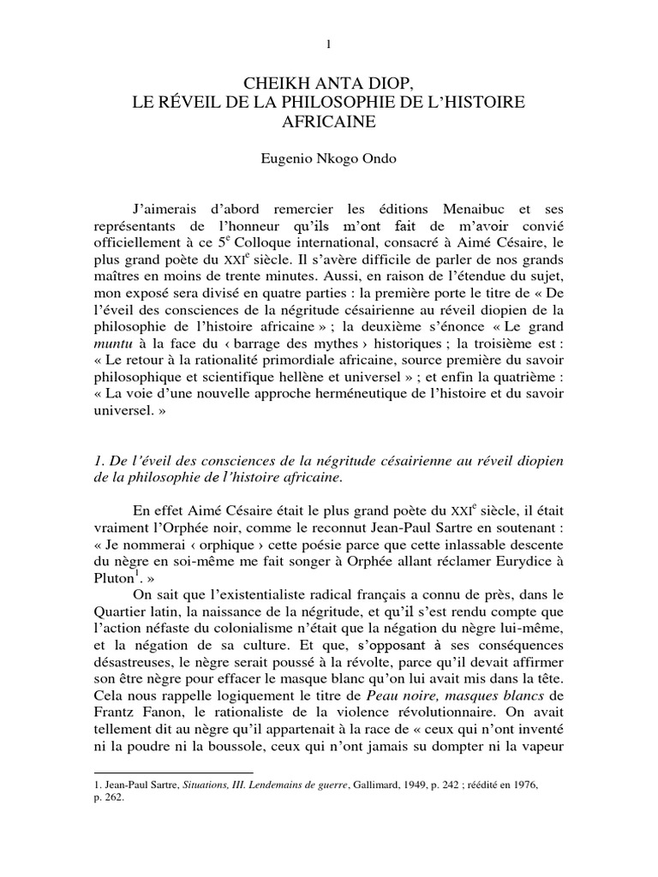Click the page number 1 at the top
[x=328, y=44]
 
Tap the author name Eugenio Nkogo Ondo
[x=328, y=158]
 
